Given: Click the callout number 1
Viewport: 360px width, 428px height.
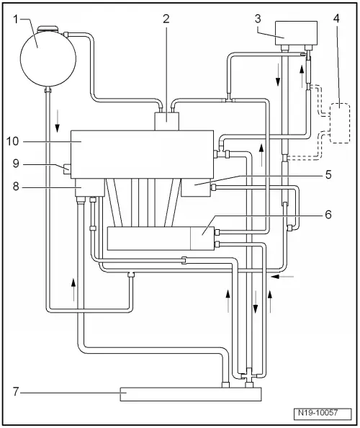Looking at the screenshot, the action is pyautogui.click(x=16, y=19).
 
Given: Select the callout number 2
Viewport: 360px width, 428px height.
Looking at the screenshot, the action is pyautogui.click(x=166, y=19).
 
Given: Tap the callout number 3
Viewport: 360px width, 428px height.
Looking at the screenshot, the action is pyautogui.click(x=258, y=19).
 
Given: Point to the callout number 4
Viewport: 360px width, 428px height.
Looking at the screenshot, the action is pyautogui.click(x=336, y=19).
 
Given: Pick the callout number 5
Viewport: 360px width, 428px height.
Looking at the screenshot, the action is pyautogui.click(x=328, y=174).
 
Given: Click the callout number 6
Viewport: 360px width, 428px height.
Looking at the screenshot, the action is pyautogui.click(x=328, y=215).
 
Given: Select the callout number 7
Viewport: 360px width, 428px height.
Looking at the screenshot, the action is pyautogui.click(x=16, y=392).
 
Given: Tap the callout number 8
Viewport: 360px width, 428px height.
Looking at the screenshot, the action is pyautogui.click(x=16, y=187).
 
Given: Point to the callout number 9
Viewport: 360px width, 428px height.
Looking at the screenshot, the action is pyautogui.click(x=16, y=164).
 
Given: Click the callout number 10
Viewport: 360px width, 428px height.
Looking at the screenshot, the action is pyautogui.click(x=12, y=141).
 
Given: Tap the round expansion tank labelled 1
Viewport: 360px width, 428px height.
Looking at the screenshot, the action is pyautogui.click(x=48, y=58).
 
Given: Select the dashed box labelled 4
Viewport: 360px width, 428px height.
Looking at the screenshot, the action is pyautogui.click(x=340, y=122).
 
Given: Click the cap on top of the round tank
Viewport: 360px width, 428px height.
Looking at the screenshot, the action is pyautogui.click(x=48, y=28).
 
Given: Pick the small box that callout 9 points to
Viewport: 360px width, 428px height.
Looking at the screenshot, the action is pyautogui.click(x=67, y=169).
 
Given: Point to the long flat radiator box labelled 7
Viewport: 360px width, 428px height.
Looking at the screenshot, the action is pyautogui.click(x=191, y=394).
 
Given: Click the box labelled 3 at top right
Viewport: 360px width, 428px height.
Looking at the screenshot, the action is pyautogui.click(x=296, y=33).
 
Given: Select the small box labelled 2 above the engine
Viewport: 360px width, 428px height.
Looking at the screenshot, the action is pyautogui.click(x=166, y=122).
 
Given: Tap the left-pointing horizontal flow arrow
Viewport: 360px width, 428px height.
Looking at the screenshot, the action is pyautogui.click(x=283, y=277).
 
